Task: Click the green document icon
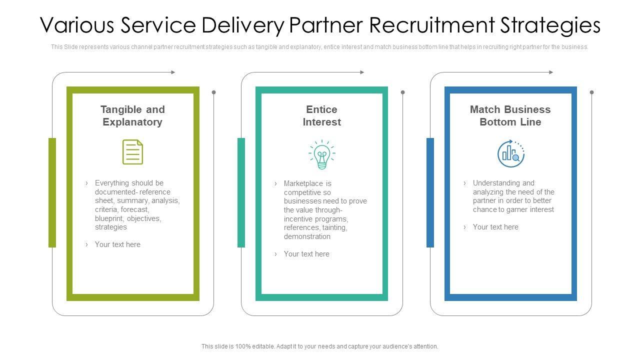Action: [132, 152]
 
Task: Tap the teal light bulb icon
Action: [321, 154]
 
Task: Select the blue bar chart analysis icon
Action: [510, 153]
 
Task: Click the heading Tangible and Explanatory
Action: [132, 115]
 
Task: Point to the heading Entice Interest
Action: [321, 115]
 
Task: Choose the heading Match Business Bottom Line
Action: [510, 115]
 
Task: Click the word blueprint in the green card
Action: [109, 218]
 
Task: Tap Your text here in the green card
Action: [117, 244]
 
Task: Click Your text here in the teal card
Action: [306, 254]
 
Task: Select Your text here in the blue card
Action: [495, 227]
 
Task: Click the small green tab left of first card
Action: [52, 192]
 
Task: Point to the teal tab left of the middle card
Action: [241, 192]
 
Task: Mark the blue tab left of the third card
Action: [430, 192]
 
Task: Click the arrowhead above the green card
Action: [173, 72]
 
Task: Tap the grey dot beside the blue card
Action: [591, 92]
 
